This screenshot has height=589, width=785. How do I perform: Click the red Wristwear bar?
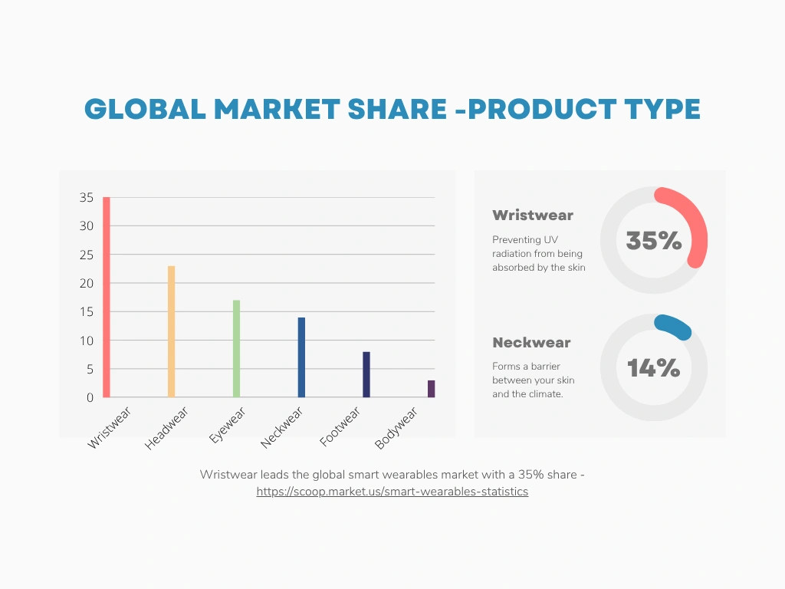coord(106,297)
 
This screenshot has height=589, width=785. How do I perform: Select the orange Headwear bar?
coord(171,331)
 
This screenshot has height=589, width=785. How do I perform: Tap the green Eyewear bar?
coord(236,349)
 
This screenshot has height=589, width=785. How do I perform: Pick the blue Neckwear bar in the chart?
coord(301,357)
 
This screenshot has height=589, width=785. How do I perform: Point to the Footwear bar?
coord(366,374)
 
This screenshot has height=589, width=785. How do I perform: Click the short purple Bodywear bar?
coord(432,389)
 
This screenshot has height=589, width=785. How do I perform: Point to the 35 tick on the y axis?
coord(86,197)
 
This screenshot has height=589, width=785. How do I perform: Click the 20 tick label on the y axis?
coord(86,283)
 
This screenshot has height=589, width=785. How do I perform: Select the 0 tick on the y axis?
coord(90,398)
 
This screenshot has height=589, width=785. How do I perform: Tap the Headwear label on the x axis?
coord(166,428)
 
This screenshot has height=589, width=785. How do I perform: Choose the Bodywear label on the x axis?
coord(396,428)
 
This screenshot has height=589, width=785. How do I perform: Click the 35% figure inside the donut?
coord(654,240)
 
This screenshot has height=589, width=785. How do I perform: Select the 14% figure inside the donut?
coord(654,368)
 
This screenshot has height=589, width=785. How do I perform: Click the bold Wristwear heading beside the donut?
coord(533,216)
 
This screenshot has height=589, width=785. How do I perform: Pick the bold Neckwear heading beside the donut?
coord(531,343)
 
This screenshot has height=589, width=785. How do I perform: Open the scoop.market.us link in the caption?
coord(392,492)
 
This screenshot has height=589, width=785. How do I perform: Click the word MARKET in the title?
coord(277,109)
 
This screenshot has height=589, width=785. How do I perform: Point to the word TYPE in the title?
coord(662,109)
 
